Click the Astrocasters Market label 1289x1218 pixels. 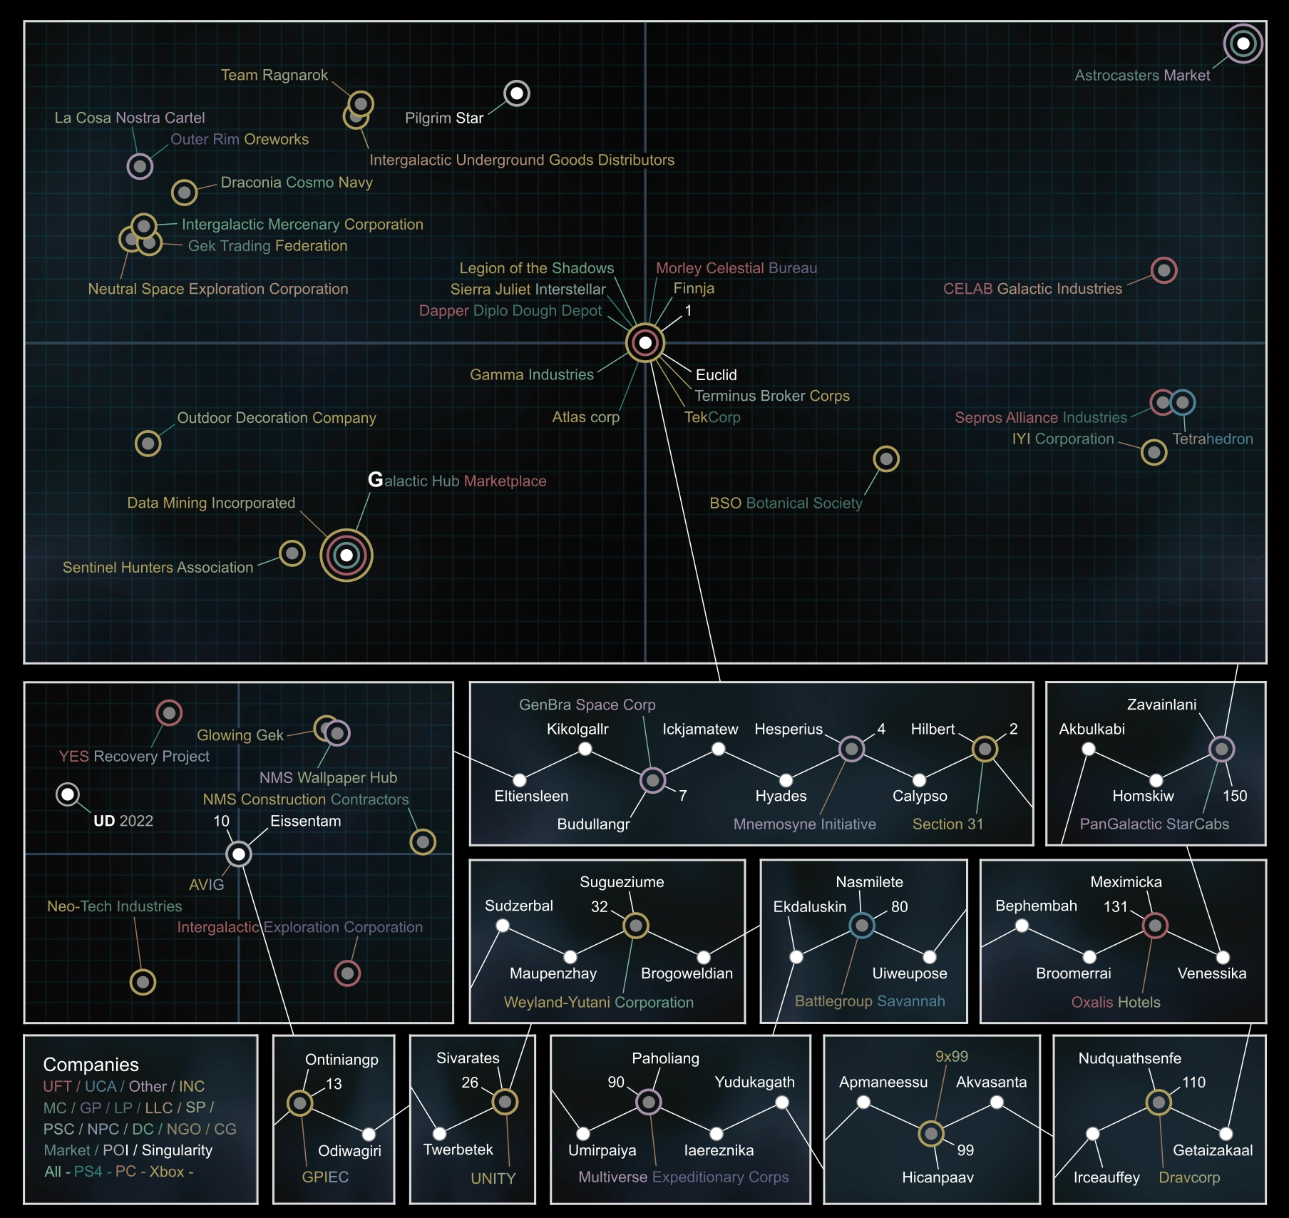coord(1141,76)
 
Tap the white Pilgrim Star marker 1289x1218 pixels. coord(517,93)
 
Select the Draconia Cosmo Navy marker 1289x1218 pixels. coord(184,193)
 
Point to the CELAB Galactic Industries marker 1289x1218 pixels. coord(1164,270)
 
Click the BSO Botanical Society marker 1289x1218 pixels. coord(886,459)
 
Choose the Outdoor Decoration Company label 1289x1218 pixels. coord(276,418)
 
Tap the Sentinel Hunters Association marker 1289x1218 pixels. coord(292,553)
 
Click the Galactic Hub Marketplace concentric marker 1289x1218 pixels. coord(346,555)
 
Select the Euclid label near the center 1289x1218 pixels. coord(716,375)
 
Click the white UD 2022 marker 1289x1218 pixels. coord(68,794)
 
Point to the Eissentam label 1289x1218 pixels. coord(305,821)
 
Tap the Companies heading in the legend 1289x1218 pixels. coord(91,1065)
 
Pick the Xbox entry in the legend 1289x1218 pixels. coord(167,1172)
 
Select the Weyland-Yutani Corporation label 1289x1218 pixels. coord(598,1002)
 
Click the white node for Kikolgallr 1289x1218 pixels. coord(585,749)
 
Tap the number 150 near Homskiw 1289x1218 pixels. coord(1235,796)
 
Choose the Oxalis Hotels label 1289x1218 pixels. coord(1116,1002)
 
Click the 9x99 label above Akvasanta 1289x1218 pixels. coord(951,1056)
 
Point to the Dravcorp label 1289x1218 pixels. coord(1188,1177)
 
